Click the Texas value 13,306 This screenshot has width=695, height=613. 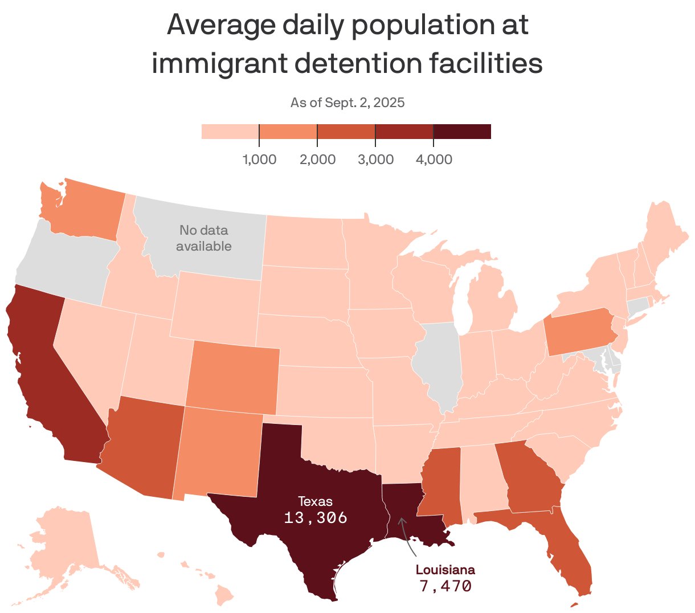[316, 518]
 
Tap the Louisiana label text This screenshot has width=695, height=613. [445, 570]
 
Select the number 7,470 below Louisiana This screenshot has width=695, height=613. [445, 586]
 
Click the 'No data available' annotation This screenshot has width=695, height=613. [203, 238]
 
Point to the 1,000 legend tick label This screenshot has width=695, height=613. [260, 160]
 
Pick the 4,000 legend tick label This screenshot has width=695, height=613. [434, 160]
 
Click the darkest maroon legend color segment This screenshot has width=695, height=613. [462, 132]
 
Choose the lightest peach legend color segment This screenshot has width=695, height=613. [230, 132]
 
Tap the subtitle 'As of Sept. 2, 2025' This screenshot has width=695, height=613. [347, 103]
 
